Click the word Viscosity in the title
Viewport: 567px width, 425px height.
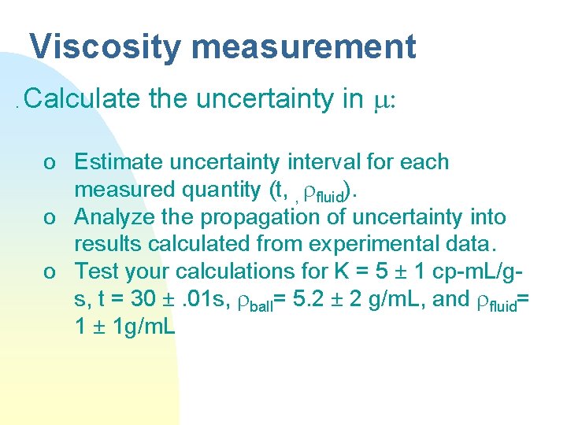point(105,47)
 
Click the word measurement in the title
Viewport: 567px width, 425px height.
point(303,47)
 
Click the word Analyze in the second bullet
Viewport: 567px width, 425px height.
point(107,216)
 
